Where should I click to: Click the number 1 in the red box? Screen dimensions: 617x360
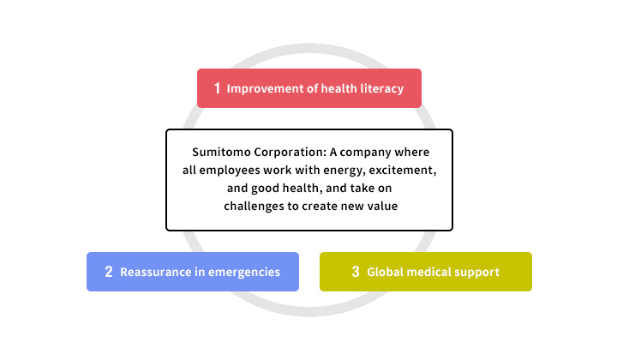[x=217, y=88]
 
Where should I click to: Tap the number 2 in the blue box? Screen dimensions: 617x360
[x=109, y=272]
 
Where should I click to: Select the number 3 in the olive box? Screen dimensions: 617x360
[x=356, y=272]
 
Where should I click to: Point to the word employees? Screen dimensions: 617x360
[x=230, y=171]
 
